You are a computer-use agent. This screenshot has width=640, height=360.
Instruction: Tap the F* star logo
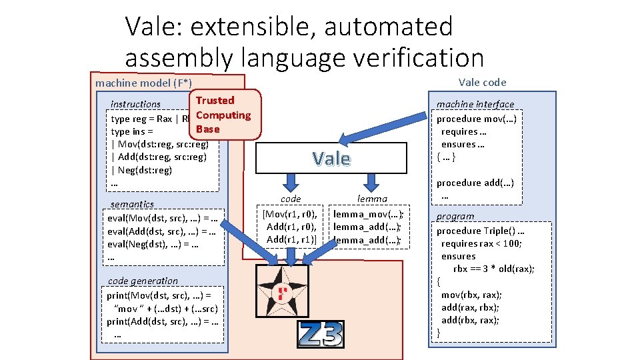tap(283, 291)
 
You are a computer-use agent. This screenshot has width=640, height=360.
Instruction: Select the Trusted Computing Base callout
tap(223, 115)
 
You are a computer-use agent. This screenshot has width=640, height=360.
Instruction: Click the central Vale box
tap(331, 159)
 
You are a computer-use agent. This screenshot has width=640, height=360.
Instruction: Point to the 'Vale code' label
tap(482, 83)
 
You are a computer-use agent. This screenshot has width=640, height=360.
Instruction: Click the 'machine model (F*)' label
tap(143, 83)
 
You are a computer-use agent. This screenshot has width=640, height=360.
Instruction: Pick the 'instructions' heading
tap(135, 104)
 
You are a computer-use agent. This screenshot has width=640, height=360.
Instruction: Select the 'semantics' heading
tap(132, 204)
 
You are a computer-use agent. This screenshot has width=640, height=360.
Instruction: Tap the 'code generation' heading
tap(143, 281)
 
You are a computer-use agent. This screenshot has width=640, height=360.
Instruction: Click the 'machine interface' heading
tap(475, 104)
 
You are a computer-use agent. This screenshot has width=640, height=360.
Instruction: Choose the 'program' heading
tap(455, 216)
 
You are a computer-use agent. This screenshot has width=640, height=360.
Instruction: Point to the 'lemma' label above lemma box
tap(372, 199)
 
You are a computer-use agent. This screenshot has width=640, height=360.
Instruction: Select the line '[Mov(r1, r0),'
tap(290, 214)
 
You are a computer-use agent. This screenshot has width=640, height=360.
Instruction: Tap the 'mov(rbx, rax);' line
tap(471, 295)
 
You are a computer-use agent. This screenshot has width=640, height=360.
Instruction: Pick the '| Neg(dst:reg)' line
tap(141, 170)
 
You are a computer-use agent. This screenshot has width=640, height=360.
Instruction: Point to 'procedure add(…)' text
tap(475, 183)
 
